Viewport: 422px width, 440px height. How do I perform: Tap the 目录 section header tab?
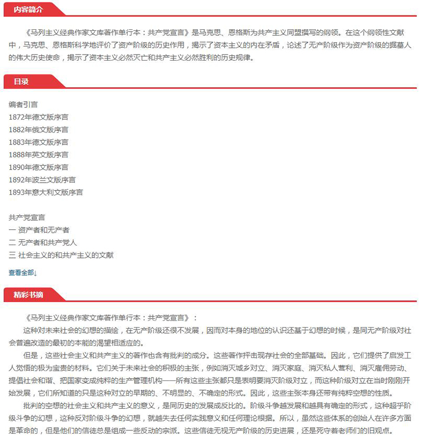click(x=21, y=81)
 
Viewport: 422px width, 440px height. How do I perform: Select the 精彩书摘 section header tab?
click(x=28, y=294)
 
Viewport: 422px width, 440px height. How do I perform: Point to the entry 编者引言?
click(x=24, y=105)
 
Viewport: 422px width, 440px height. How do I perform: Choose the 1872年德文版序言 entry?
click(x=39, y=117)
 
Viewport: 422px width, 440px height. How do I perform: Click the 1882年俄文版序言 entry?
click(x=39, y=129)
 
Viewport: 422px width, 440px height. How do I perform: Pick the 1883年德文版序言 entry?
click(x=39, y=142)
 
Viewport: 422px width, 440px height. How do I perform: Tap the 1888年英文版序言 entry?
click(x=39, y=155)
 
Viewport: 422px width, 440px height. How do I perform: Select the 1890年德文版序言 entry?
click(x=39, y=167)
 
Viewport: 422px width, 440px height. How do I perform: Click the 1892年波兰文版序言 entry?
click(x=42, y=180)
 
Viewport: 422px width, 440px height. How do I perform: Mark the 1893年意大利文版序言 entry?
click(x=46, y=192)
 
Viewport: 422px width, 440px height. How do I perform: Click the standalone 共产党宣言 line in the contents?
click(x=27, y=217)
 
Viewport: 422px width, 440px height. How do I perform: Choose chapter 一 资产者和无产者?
click(x=39, y=230)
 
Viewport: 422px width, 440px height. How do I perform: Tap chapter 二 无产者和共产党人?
click(x=43, y=242)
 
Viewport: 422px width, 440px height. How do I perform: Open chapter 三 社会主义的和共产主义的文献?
click(x=61, y=255)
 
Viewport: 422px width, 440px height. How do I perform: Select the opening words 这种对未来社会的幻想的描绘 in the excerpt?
click(x=73, y=330)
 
